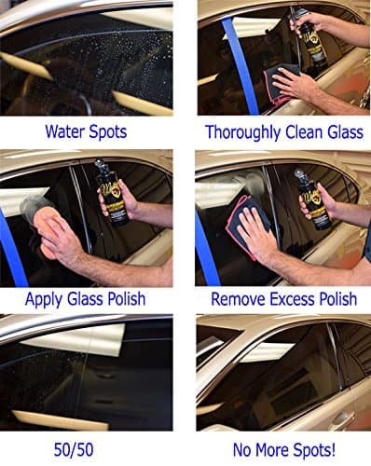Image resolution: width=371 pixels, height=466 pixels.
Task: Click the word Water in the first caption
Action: (x=65, y=131)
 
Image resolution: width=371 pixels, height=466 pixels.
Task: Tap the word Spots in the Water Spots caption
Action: (x=108, y=132)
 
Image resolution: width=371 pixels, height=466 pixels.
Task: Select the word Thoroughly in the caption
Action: (x=243, y=132)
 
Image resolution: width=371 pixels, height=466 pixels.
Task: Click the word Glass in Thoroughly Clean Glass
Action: (x=345, y=131)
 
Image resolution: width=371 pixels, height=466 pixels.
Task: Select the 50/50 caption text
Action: (x=74, y=449)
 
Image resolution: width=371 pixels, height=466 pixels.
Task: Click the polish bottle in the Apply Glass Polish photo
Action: (x=112, y=193)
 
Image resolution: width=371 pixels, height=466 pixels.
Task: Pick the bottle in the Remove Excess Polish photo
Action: (x=310, y=199)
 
